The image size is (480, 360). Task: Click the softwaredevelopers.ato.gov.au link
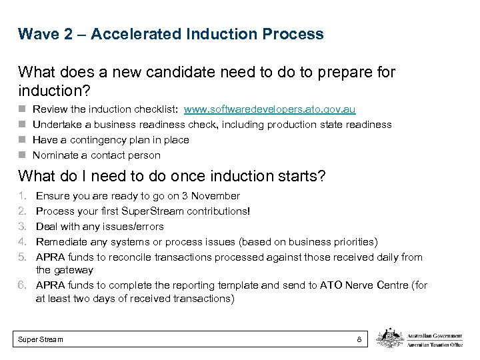click(269, 109)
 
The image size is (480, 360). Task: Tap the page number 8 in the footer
click(359, 339)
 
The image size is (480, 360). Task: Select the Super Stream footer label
click(41, 339)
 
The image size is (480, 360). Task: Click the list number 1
click(22, 196)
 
